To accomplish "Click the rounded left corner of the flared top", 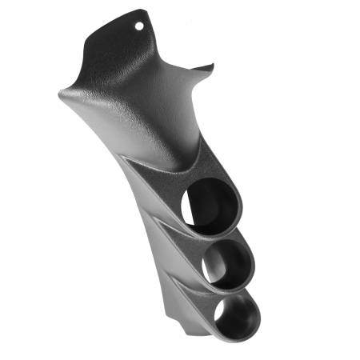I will [62, 94].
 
